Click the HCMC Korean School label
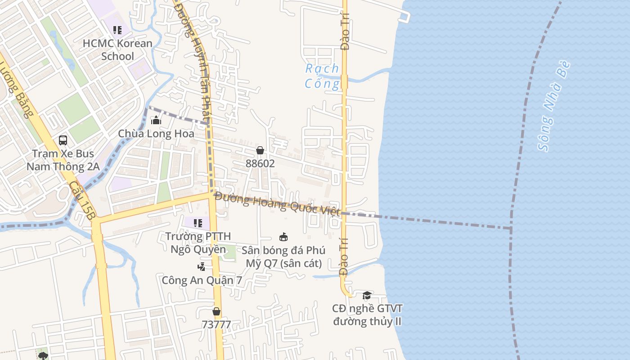(x=117, y=49)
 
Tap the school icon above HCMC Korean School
(x=117, y=30)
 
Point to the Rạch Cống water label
(x=322, y=76)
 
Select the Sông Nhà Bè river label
(x=554, y=106)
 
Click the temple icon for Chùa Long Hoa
(x=156, y=120)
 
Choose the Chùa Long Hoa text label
(x=156, y=134)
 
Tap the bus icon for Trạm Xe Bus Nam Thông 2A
(x=63, y=140)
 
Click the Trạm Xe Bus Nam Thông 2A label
(x=63, y=160)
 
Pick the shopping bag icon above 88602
(x=260, y=150)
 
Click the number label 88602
(x=260, y=164)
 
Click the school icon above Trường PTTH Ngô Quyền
(x=198, y=223)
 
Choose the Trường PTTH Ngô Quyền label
(x=198, y=243)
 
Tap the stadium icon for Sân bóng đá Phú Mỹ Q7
(x=283, y=237)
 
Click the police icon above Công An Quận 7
(x=202, y=266)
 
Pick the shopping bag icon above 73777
(x=216, y=311)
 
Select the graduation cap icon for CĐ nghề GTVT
(x=367, y=295)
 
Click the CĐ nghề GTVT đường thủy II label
(x=367, y=315)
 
